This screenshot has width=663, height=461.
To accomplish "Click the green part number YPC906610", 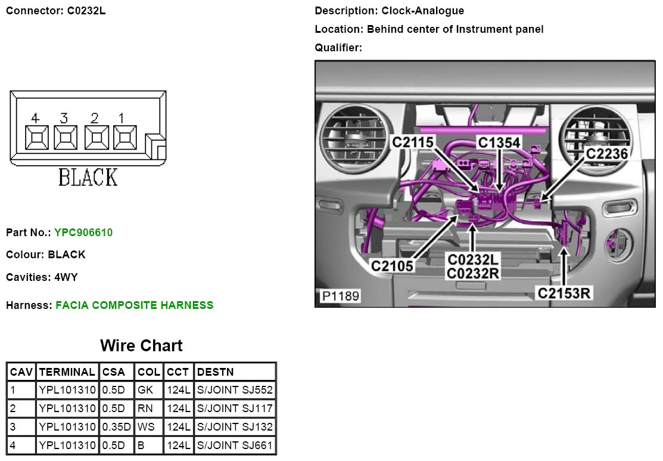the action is (83, 233).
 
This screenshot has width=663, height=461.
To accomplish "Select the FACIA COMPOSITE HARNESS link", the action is (134, 305).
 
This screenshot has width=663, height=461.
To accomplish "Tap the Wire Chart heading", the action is (141, 346).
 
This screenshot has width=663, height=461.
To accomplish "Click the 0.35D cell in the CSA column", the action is (117, 427).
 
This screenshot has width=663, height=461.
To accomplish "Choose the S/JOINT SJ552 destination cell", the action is (235, 391).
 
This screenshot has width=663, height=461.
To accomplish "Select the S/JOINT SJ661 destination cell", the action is (235, 445).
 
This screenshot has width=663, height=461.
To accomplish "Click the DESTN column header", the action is (216, 372).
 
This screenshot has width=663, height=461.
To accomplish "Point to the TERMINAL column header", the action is (66, 372).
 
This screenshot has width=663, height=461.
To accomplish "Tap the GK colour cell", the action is (145, 391).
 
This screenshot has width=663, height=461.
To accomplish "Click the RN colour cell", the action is (145, 409).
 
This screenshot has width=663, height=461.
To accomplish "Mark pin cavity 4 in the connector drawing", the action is (36, 137).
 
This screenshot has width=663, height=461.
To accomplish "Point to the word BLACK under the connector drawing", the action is (88, 177).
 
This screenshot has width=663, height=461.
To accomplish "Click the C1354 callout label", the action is (499, 142).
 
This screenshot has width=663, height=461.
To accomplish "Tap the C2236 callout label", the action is (606, 154).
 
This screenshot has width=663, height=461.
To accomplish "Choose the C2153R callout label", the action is (564, 293).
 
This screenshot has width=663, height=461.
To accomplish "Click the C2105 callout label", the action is (393, 265).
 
